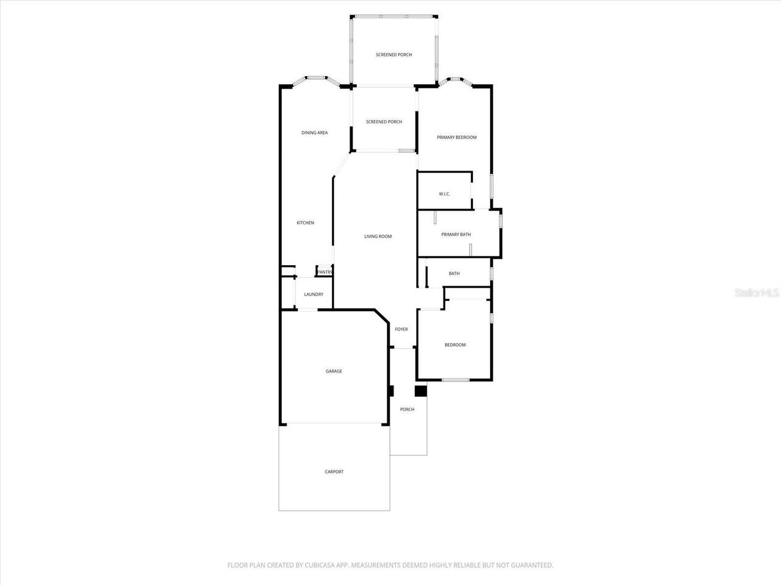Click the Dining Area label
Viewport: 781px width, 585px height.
click(x=314, y=132)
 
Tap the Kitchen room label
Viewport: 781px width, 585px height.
click(x=305, y=222)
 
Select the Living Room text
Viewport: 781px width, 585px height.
click(x=378, y=236)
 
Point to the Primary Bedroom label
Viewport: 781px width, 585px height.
click(x=456, y=137)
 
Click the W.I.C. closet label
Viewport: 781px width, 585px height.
click(x=444, y=194)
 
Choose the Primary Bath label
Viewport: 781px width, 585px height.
click(x=456, y=234)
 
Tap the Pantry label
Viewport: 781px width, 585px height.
click(x=325, y=272)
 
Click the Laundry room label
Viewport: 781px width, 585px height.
click(x=314, y=294)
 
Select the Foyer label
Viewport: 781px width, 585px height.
click(x=401, y=329)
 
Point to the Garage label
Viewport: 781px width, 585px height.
click(x=334, y=370)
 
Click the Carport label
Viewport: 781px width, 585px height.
click(x=334, y=472)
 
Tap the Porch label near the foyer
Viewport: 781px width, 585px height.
click(x=407, y=409)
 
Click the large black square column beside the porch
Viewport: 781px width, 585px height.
click(x=420, y=391)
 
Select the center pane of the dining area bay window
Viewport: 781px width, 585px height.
click(x=315, y=77)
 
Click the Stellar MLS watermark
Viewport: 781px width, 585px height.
click(x=757, y=293)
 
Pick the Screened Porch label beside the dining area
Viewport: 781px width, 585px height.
click(x=384, y=122)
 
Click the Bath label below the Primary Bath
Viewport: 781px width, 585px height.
click(x=454, y=274)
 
